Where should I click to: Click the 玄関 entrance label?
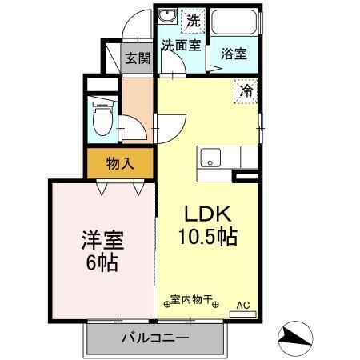[x=138, y=58]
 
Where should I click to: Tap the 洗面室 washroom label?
[x=181, y=46]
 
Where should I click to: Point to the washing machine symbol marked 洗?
[x=192, y=18]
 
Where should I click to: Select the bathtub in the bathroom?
[x=235, y=22]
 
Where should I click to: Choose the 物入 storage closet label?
[x=120, y=164]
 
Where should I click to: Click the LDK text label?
[x=209, y=214]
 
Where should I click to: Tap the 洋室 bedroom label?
[x=102, y=239]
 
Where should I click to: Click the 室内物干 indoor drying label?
[x=191, y=299]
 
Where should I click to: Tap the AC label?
[x=242, y=305]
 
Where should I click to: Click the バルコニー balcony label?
[x=155, y=338]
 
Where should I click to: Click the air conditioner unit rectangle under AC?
[x=242, y=314]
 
